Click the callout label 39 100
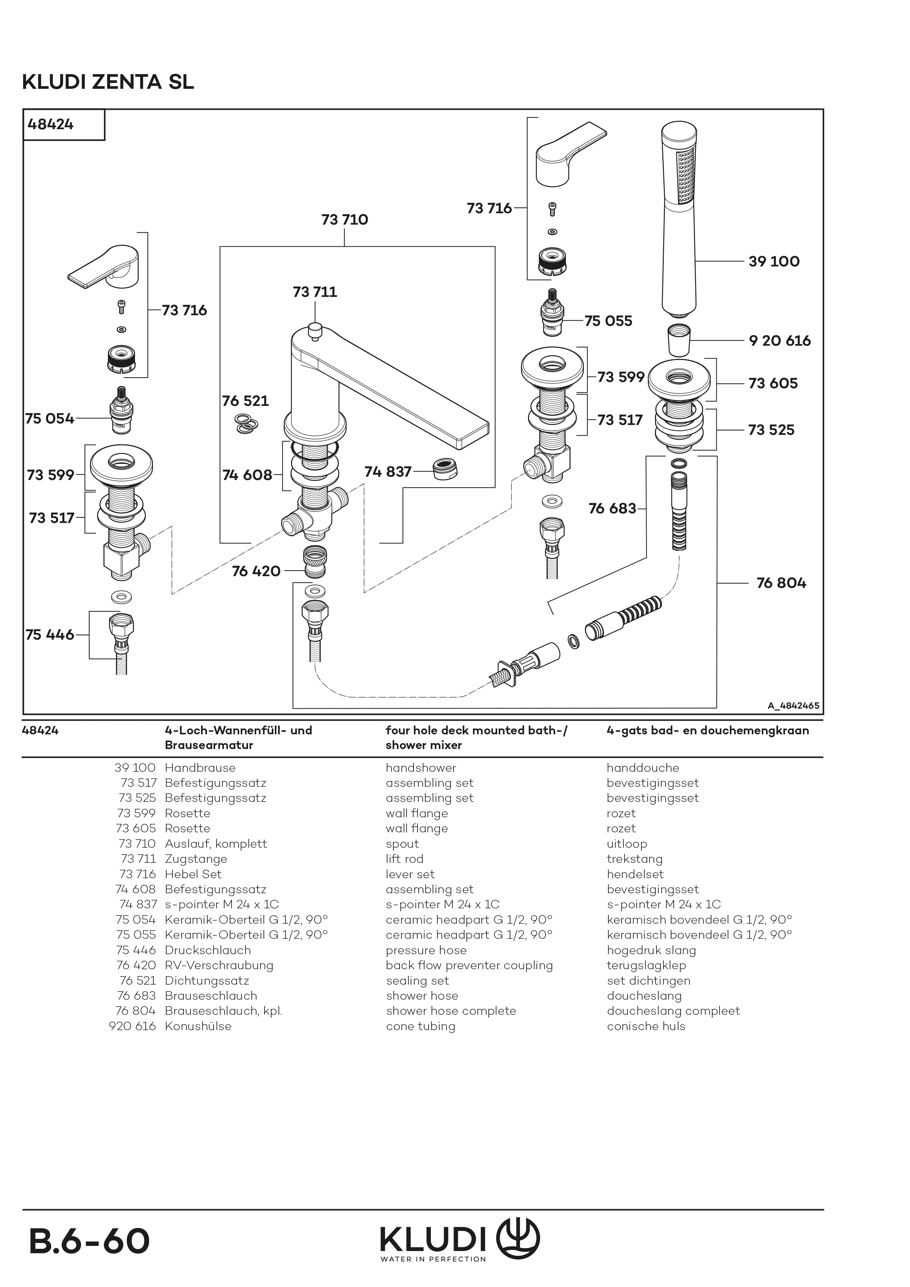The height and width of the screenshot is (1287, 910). pyautogui.click(x=774, y=261)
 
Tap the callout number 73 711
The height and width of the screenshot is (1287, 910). pyautogui.click(x=315, y=292)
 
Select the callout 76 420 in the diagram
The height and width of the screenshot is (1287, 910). pyautogui.click(x=256, y=571)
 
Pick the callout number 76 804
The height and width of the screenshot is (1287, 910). pyautogui.click(x=781, y=583)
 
